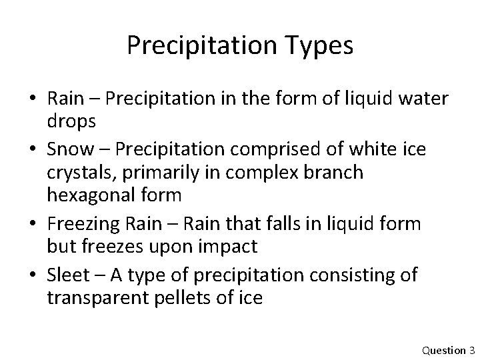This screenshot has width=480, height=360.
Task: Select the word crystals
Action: pos(78,173)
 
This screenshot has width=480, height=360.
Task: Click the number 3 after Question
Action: pos(471,350)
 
